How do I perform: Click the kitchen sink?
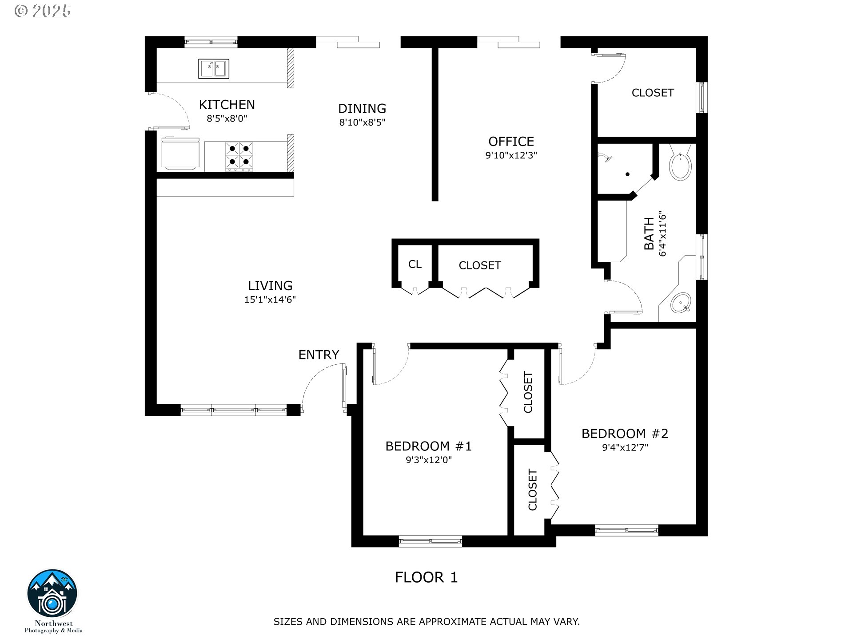(x=214, y=69)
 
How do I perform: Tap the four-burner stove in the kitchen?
(x=239, y=156)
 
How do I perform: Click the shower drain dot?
(x=628, y=174)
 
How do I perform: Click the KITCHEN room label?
(x=227, y=105)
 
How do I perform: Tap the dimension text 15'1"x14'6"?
(x=270, y=300)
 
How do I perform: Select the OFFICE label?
(x=511, y=142)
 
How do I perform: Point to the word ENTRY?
(x=319, y=355)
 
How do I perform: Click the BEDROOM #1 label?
(x=428, y=446)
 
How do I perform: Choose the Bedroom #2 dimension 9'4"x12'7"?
(x=625, y=447)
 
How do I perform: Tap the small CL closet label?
(x=415, y=264)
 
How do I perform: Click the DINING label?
(x=362, y=108)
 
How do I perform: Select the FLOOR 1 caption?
(x=426, y=577)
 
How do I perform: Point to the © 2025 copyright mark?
(x=43, y=11)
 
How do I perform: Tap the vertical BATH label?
(x=649, y=234)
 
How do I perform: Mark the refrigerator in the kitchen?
(x=180, y=154)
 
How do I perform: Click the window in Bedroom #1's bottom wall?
(x=430, y=541)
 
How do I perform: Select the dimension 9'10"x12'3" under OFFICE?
(x=511, y=155)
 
